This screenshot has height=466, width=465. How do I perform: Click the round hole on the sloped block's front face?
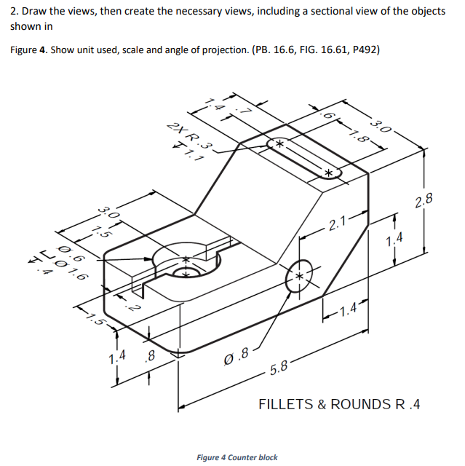coord(299,276)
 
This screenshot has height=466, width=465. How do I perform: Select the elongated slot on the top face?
coord(302,158)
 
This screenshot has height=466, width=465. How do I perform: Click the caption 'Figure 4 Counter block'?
coord(237,457)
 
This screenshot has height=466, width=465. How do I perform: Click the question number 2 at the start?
coord(13,12)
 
